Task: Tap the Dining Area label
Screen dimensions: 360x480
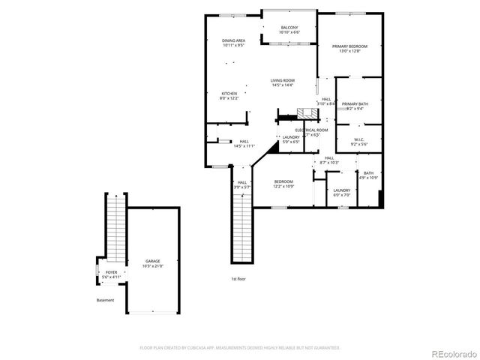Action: coord(233,43)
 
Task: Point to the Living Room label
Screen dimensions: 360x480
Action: coord(283,82)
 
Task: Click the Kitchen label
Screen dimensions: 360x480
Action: coord(229,95)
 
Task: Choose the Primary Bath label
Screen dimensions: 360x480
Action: coord(355,106)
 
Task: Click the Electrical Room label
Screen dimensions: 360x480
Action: coord(310,132)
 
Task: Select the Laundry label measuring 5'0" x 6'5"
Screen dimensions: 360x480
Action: coord(291,139)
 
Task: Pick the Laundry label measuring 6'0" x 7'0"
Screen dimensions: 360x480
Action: coord(342,193)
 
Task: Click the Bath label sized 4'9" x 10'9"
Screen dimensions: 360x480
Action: coord(369,175)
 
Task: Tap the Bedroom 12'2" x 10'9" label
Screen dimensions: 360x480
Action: coord(283,183)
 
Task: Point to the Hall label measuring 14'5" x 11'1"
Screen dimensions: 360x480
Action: coord(244,143)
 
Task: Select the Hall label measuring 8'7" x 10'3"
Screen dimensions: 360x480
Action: coord(329,160)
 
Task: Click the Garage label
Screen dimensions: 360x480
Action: coord(152,263)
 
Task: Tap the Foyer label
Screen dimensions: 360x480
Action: coord(111,274)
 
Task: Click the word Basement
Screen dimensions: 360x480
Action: coord(105,300)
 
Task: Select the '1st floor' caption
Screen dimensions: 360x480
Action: coord(238,278)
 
